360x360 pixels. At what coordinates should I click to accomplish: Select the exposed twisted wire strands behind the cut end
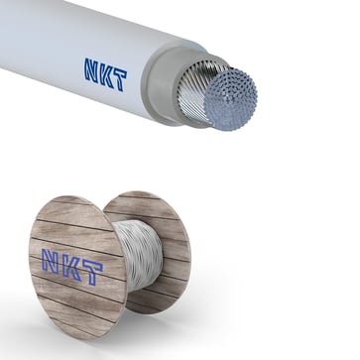(x=203, y=95)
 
